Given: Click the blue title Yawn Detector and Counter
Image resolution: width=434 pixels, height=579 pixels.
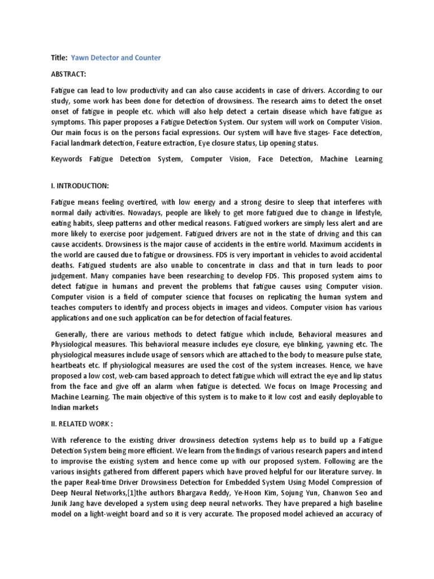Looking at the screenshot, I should (116, 58).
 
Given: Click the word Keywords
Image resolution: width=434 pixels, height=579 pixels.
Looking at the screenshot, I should (66, 159).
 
